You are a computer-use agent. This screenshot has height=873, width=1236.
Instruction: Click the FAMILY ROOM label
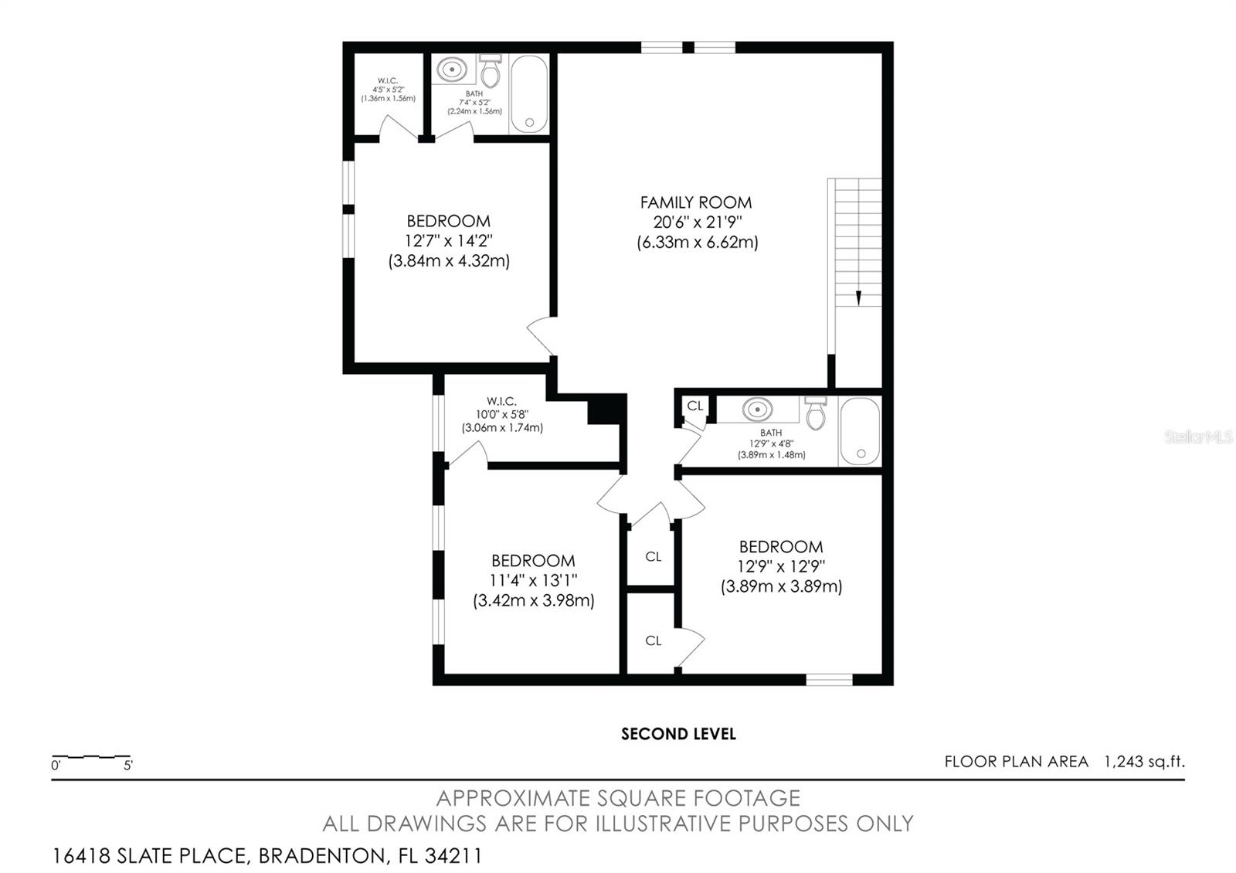695,202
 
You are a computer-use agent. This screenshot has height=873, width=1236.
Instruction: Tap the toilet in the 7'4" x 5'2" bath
491,72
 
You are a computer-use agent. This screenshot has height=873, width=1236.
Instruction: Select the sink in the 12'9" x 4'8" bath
758,409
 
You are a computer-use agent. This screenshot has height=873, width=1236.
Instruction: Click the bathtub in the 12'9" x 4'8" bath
860,431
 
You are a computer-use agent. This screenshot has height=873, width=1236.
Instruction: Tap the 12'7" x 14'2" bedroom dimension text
448,241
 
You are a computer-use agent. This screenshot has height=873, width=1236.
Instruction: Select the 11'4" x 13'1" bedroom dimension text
533,580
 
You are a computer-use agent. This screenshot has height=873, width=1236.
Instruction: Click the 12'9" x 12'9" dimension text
781,566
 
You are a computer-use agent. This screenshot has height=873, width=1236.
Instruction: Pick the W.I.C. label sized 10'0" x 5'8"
501,401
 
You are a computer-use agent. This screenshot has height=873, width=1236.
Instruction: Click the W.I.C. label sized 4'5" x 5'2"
388,80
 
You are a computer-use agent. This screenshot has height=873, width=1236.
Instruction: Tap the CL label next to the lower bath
694,406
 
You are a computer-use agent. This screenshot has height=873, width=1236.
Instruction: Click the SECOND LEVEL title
678,734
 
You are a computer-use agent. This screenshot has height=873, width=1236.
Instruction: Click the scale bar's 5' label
127,766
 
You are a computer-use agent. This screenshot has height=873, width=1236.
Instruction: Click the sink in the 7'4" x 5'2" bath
452,70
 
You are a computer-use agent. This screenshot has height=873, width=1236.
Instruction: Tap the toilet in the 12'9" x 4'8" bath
815,414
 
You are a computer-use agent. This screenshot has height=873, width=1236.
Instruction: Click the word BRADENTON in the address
321,856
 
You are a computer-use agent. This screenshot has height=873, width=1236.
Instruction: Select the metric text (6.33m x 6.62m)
697,243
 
